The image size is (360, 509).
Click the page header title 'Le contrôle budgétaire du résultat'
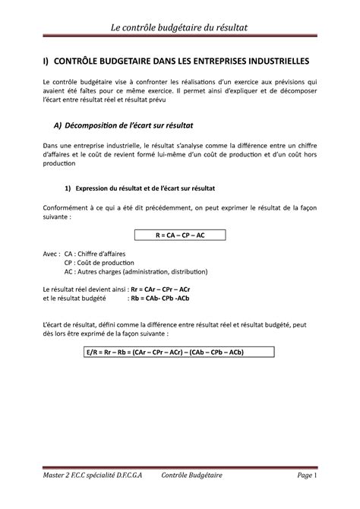click(x=180, y=29)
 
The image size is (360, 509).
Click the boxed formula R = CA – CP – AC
click(x=179, y=236)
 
